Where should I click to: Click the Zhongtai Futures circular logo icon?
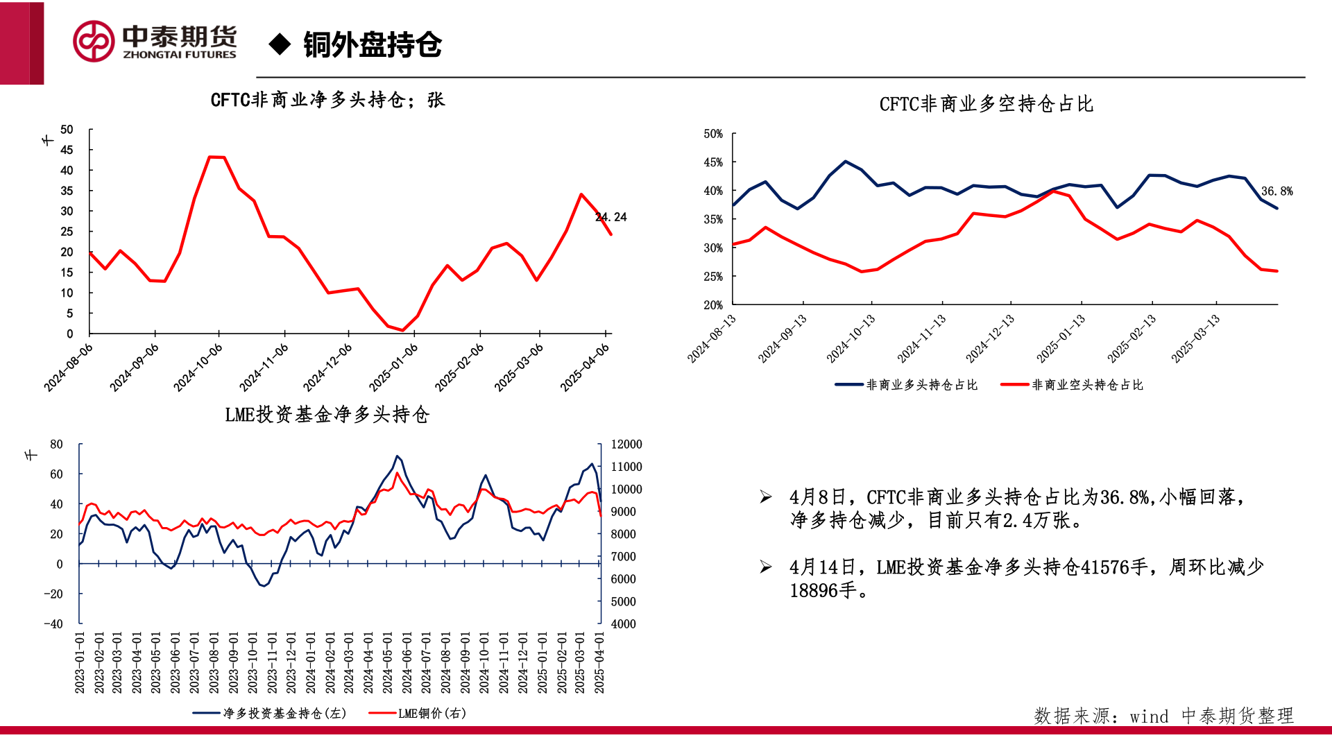click(x=94, y=41)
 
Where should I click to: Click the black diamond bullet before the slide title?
click(x=280, y=44)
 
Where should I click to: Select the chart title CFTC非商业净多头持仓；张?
click(x=327, y=100)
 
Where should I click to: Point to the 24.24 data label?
click(x=611, y=217)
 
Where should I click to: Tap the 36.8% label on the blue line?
click(x=1276, y=191)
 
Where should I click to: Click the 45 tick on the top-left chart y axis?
click(x=67, y=150)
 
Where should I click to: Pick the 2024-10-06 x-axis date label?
click(x=198, y=368)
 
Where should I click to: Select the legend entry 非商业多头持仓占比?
click(x=921, y=385)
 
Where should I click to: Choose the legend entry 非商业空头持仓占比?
click(x=1087, y=385)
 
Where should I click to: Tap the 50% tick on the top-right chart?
click(x=712, y=134)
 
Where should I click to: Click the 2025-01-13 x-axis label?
click(x=1060, y=338)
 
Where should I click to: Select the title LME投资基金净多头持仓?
click(x=327, y=415)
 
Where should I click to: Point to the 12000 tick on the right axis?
click(x=626, y=445)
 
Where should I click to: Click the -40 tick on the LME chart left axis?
click(x=53, y=624)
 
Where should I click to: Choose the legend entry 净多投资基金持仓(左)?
click(x=284, y=714)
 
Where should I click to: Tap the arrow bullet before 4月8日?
click(x=765, y=497)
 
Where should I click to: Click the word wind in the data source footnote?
click(x=1149, y=716)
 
